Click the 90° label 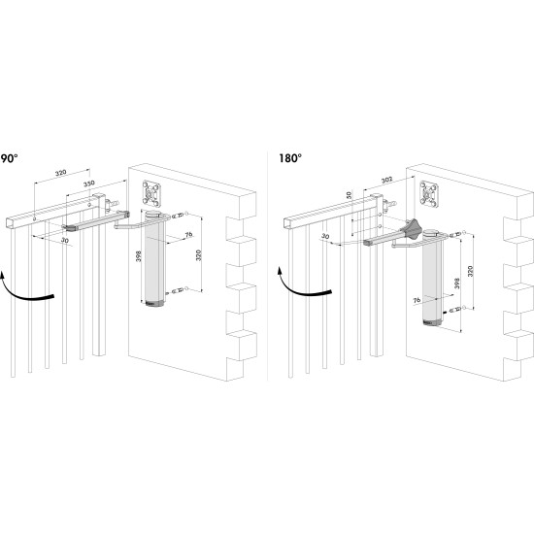(9, 157)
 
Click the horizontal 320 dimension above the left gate (60, 173)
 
